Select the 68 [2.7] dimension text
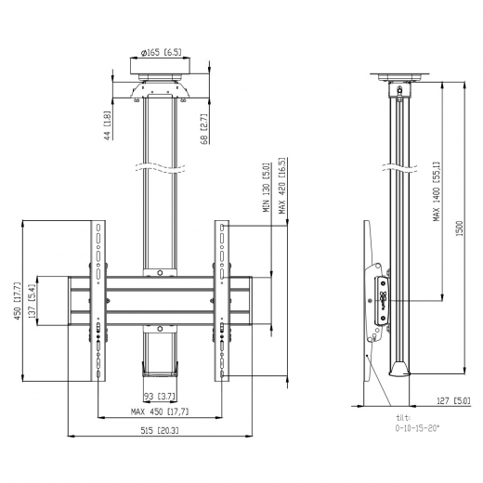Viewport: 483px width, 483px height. pyautogui.click(x=202, y=127)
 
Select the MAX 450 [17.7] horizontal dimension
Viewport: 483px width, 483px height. pyautogui.click(x=159, y=411)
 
